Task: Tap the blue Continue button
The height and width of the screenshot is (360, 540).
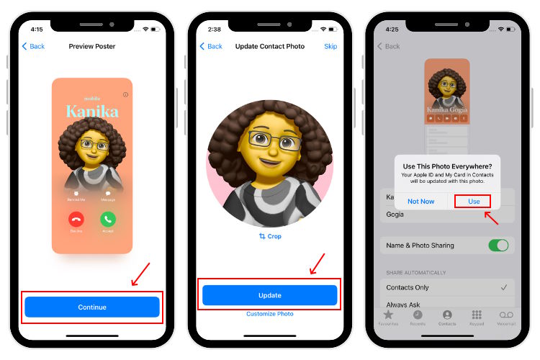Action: [x=92, y=307]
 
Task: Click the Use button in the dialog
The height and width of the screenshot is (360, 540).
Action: [x=474, y=202]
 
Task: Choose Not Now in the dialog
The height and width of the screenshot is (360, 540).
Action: [x=421, y=202]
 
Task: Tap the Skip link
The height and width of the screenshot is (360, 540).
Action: [x=330, y=46]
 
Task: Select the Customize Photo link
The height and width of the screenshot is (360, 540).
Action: [x=269, y=314]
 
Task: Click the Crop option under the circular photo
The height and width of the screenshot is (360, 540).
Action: [x=269, y=236]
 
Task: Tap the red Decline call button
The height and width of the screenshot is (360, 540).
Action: [x=76, y=219]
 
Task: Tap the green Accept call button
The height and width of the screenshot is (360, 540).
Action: [x=108, y=219]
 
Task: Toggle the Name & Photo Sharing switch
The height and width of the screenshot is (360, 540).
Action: [x=498, y=246]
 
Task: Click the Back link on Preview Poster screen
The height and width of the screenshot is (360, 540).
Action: [x=33, y=46]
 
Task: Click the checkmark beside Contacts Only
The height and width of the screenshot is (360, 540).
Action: [x=503, y=287]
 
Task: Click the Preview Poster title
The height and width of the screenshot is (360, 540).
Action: [x=92, y=46]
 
